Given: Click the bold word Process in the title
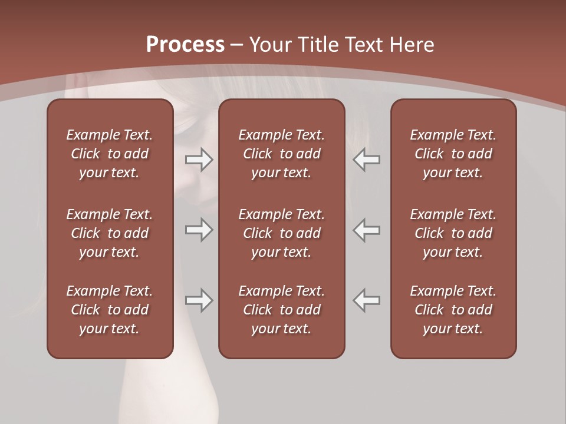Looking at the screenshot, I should pyautogui.click(x=185, y=45).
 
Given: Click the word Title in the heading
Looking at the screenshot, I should pyautogui.click(x=318, y=45).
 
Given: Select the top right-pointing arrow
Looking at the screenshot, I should pyautogui.click(x=199, y=160).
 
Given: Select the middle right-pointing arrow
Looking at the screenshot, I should pyautogui.click(x=199, y=230).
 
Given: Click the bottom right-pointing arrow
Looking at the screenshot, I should pyautogui.click(x=199, y=301).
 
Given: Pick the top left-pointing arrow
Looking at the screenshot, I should pyautogui.click(x=367, y=160).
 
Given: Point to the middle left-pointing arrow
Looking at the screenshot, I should pyautogui.click(x=367, y=230).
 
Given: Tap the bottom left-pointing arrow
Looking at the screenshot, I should pyautogui.click(x=367, y=301).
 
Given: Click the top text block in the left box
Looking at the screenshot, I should pyautogui.click(x=110, y=154).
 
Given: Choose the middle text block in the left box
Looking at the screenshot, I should pyautogui.click(x=110, y=233).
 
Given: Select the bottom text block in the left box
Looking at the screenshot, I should pyautogui.click(x=110, y=310).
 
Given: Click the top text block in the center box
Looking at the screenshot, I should pyautogui.click(x=281, y=154).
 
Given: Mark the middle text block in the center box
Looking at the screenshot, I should pyautogui.click(x=281, y=233).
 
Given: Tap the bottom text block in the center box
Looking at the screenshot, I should pyautogui.click(x=281, y=310).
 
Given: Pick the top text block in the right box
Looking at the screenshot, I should pyautogui.click(x=453, y=154).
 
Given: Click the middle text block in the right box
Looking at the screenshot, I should pyautogui.click(x=453, y=233).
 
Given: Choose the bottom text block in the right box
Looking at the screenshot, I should pyautogui.click(x=453, y=310).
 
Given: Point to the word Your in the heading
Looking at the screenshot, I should pyautogui.click(x=271, y=45).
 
